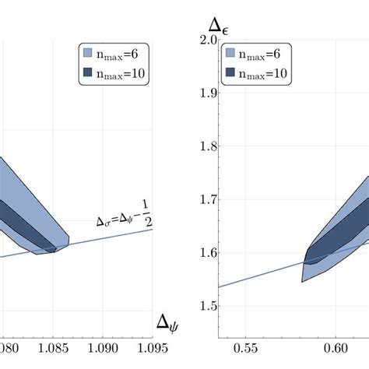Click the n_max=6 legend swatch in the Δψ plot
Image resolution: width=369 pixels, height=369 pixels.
88,53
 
